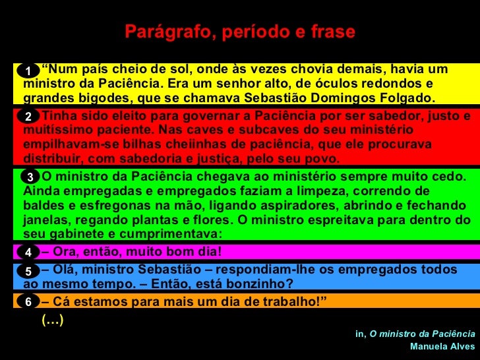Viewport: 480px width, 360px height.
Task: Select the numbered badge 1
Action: click(x=28, y=71)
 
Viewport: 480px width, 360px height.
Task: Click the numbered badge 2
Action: click(x=28, y=117)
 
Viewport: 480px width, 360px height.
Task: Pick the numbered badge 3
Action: click(x=30, y=177)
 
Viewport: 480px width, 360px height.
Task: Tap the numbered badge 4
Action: click(x=28, y=252)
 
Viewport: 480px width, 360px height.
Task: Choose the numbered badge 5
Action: click(x=28, y=271)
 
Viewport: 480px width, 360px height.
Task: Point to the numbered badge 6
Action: click(x=28, y=302)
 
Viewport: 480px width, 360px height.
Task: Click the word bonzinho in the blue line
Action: click(x=257, y=284)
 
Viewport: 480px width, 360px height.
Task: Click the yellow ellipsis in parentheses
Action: click(x=52, y=320)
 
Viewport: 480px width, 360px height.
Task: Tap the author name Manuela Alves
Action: click(x=442, y=345)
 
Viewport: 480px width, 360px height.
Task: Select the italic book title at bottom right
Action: click(x=422, y=334)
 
